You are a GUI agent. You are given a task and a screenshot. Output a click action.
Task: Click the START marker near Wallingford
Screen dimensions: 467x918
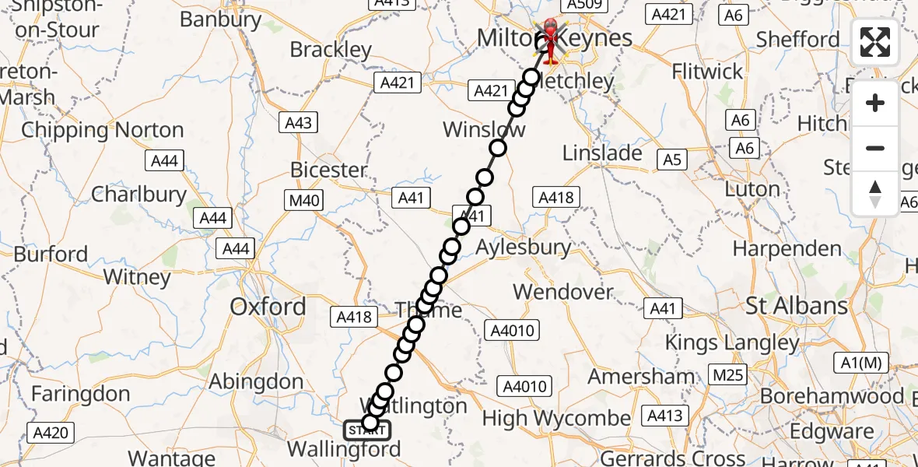(367, 429)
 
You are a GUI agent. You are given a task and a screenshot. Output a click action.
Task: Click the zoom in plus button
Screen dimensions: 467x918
(875, 103)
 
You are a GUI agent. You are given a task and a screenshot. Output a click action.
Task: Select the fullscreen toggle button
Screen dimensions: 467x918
(875, 42)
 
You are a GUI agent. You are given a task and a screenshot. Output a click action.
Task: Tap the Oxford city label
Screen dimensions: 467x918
(268, 307)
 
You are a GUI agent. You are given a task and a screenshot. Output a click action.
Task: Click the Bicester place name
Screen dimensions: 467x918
(328, 170)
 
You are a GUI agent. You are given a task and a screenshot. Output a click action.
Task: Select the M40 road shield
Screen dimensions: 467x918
(303, 201)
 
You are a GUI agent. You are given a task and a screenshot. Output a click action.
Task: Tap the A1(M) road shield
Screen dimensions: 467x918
(861, 362)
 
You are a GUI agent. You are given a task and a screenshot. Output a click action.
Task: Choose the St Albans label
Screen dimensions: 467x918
(797, 305)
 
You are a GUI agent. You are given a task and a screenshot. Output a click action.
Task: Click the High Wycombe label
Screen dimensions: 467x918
(556, 418)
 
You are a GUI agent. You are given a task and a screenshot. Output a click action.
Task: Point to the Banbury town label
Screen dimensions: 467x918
(220, 19)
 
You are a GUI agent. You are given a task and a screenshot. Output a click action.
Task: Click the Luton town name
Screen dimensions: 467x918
(752, 189)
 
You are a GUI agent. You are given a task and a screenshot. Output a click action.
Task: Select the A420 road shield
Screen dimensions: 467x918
(51, 434)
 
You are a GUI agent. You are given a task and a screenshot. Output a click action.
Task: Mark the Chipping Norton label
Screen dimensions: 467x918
(103, 130)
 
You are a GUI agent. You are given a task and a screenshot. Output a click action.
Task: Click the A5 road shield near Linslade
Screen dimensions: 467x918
(671, 160)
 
